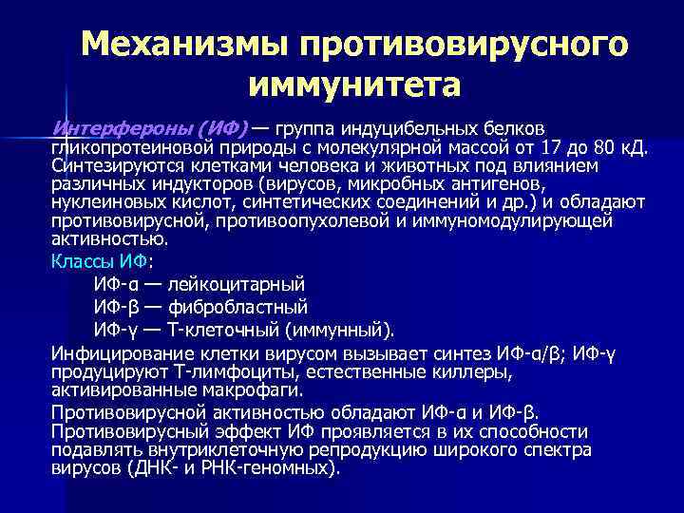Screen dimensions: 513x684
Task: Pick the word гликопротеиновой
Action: (123, 148)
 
